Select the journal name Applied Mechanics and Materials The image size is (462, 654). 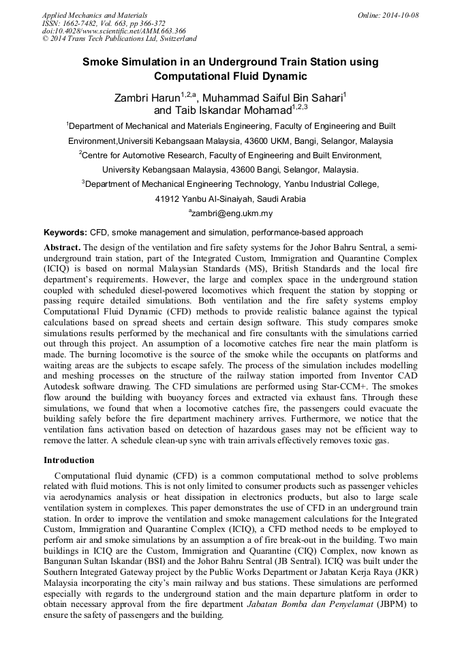click(95, 15)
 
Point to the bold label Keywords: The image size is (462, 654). click(65, 233)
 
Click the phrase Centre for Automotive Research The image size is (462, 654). click(145, 155)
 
